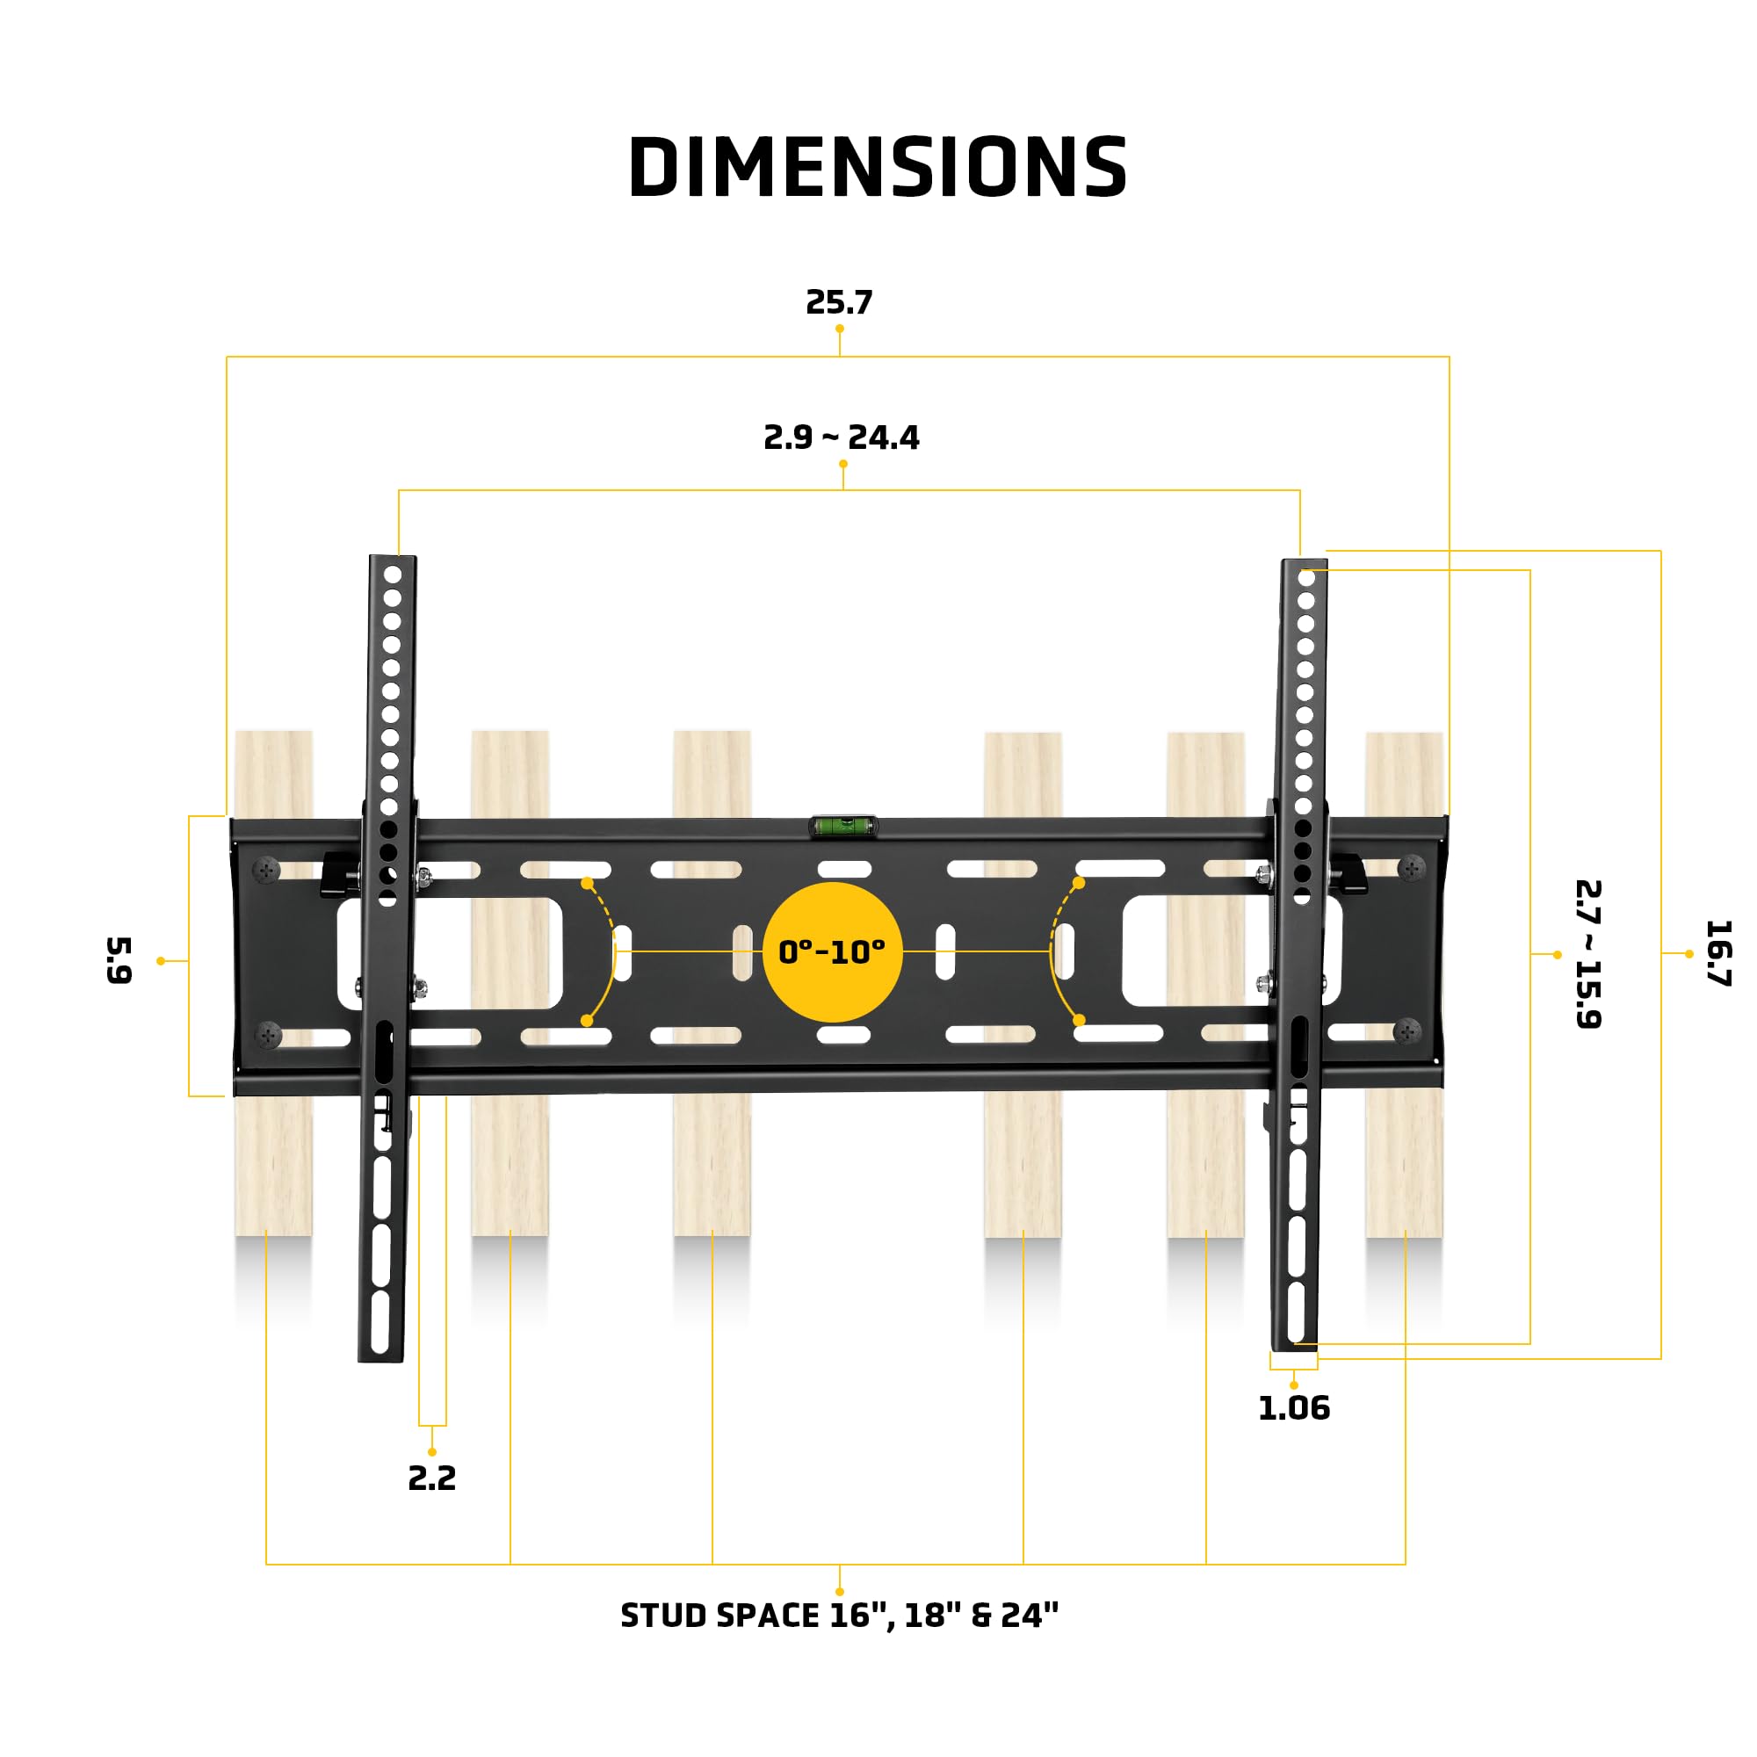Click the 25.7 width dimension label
coord(838,302)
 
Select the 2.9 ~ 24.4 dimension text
coord(842,437)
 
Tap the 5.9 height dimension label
coord(119,960)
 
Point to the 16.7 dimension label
coord(1717,953)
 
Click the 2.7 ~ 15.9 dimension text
coord(1587,953)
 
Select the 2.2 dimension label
coord(431,1479)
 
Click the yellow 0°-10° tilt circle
coord(831,952)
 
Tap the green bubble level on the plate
coord(843,826)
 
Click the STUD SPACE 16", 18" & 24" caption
coord(838,1616)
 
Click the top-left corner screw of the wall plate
coord(266,870)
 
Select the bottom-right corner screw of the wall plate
coord(1406,1031)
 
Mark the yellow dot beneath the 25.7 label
coord(839,329)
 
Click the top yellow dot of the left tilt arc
coord(588,883)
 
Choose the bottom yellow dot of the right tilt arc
coord(1079,1020)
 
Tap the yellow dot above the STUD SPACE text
coord(839,1592)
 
